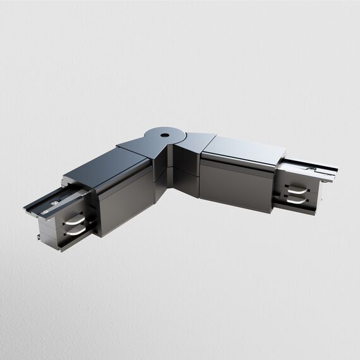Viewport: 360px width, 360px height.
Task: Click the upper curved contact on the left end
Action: (x=75, y=221)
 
